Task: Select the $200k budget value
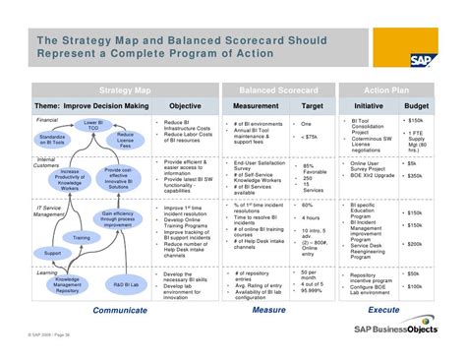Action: (x=415, y=243)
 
